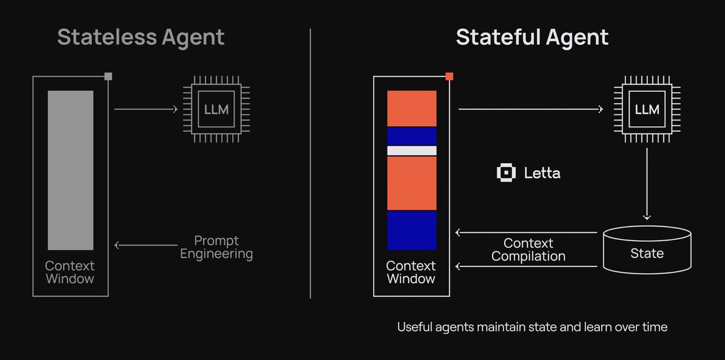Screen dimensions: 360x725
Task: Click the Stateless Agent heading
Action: [141, 37]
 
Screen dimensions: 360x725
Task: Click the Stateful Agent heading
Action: [532, 37]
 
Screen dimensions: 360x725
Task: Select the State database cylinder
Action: [647, 249]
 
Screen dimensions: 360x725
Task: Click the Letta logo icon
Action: [506, 173]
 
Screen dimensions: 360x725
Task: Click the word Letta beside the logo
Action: [542, 173]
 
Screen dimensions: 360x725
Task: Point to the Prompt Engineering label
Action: [216, 247]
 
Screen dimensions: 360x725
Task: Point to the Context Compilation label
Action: [528, 249]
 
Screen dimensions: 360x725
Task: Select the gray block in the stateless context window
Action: [71, 170]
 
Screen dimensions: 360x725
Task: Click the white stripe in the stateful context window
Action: [411, 150]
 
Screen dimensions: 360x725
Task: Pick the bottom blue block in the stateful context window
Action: [411, 230]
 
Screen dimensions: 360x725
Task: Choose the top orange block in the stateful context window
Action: [411, 108]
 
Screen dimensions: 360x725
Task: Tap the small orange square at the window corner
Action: [449, 77]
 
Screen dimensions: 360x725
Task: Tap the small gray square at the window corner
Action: [108, 76]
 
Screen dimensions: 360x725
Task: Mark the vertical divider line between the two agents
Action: [311, 163]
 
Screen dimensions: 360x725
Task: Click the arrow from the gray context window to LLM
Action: [145, 109]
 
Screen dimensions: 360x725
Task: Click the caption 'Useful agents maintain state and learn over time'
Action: [532, 327]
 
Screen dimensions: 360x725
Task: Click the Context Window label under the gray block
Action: [70, 272]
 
